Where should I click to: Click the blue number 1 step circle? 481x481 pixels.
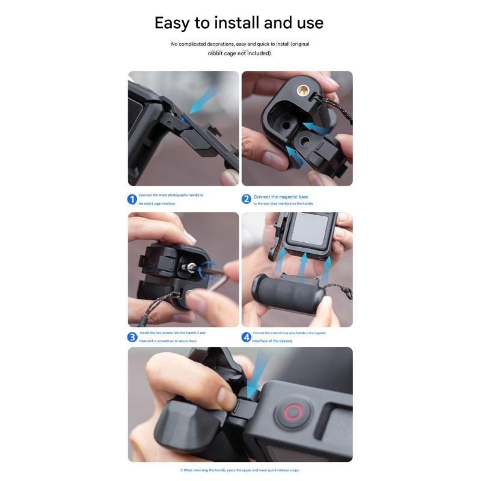click(x=132, y=199)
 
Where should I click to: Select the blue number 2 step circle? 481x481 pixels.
click(x=246, y=199)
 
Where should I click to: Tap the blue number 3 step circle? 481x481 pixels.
click(x=132, y=337)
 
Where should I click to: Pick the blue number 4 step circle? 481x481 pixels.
click(x=246, y=337)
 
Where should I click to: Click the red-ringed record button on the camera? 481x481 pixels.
click(x=293, y=412)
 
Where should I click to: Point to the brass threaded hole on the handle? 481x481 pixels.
click(x=300, y=90)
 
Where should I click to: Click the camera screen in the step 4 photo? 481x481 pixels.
click(x=310, y=228)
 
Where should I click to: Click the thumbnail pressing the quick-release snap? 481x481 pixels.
click(x=227, y=398)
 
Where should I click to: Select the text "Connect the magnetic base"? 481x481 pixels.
click(x=280, y=197)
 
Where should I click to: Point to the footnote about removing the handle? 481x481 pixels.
click(x=240, y=470)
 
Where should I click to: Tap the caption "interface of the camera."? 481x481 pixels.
click(x=274, y=341)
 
